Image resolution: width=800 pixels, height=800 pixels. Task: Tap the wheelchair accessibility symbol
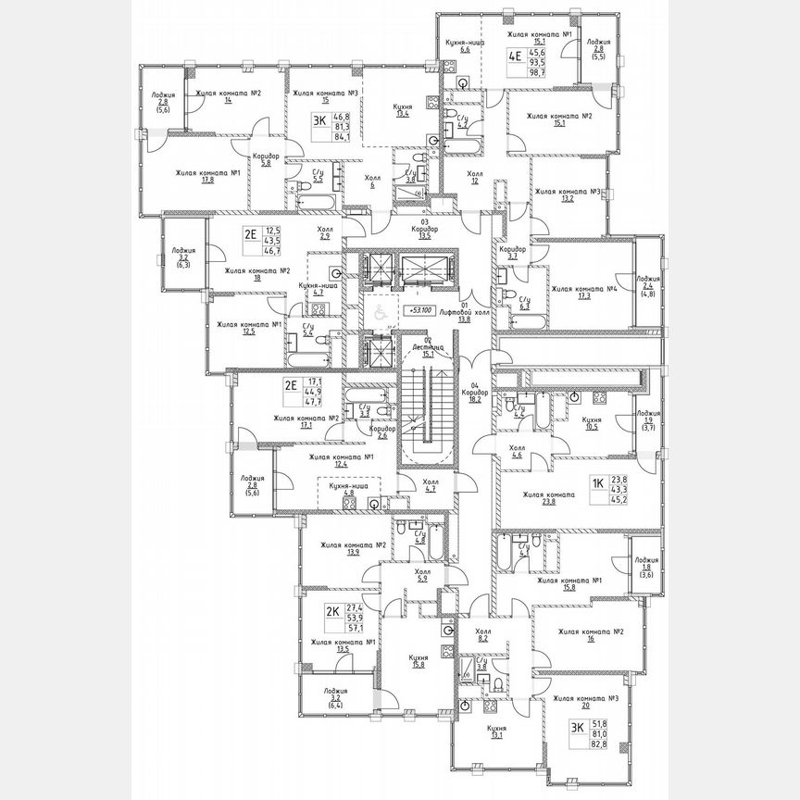(378, 315)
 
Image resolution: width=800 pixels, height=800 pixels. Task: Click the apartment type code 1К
(598, 481)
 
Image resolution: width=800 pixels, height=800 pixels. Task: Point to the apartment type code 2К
(331, 611)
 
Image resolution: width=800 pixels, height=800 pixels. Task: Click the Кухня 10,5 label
(592, 423)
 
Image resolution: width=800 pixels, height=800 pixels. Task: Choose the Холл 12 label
(474, 176)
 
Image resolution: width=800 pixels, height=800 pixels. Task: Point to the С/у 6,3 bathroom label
(524, 303)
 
